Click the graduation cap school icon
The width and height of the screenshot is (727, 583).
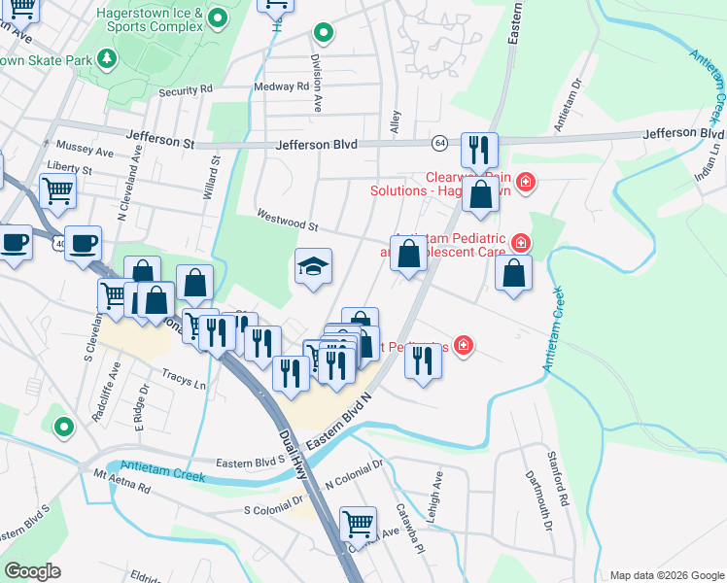313,266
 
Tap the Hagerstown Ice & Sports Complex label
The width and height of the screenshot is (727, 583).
151,20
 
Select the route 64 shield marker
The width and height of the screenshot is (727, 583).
440,144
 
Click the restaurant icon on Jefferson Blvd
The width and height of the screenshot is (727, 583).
479,150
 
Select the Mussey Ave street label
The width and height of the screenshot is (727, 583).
86,153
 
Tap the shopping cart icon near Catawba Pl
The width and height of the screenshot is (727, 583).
359,524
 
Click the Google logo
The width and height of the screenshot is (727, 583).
33,571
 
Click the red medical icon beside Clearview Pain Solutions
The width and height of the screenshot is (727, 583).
526,181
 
